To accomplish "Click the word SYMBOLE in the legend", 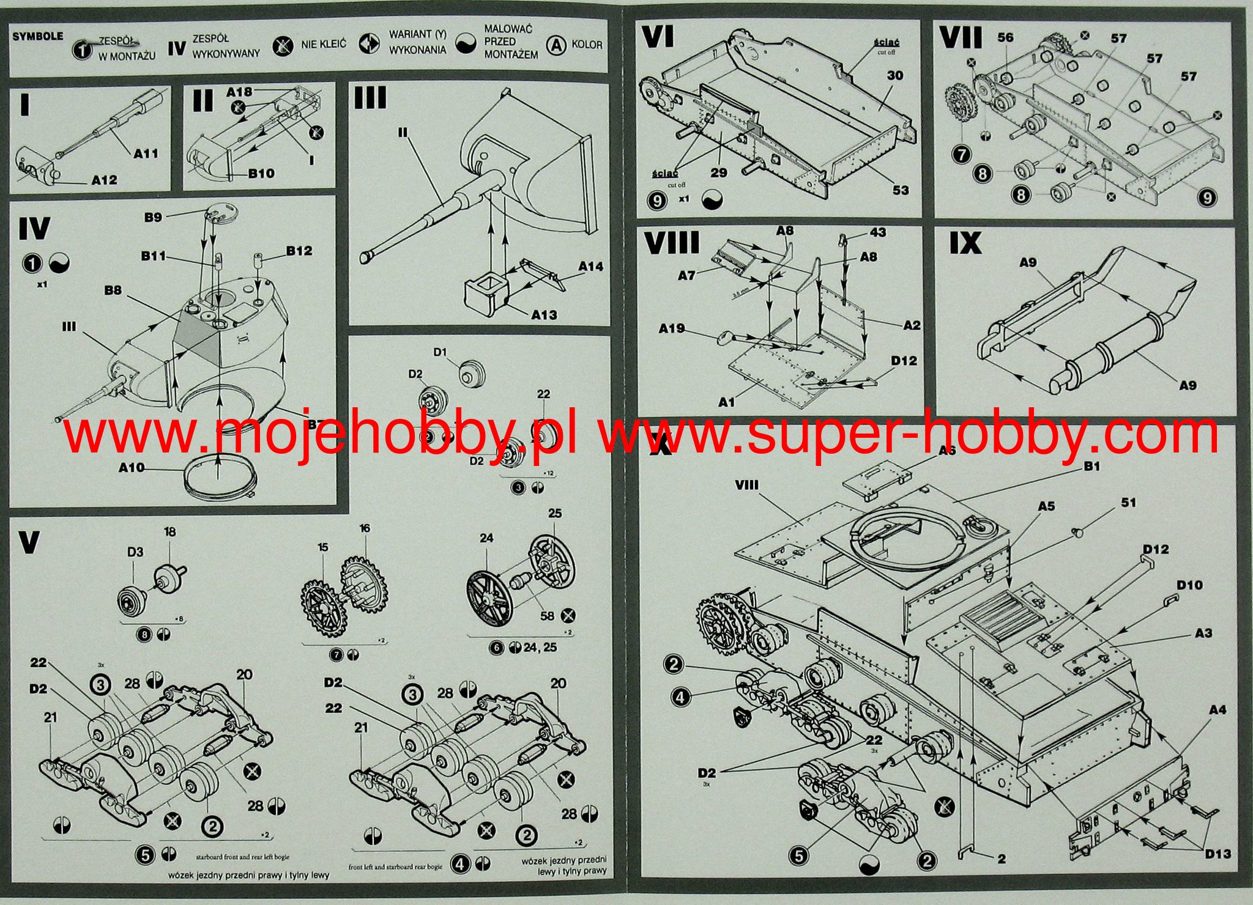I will pos(37,36).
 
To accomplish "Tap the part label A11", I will pos(146,153).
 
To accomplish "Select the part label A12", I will pos(104,180).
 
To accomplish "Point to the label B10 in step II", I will pos(261,174).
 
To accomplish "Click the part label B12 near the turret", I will pos(299,251).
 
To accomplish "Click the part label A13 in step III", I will pos(544,315).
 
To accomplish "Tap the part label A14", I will pos(590,267).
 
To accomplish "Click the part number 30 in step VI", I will pos(895,76).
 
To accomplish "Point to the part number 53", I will pos(901,190).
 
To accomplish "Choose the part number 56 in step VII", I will pos(1005,37).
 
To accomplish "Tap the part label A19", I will pos(671,328).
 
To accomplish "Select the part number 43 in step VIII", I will pos(877,232).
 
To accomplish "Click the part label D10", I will pos(1189,585).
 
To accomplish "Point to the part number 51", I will pos(1129,503).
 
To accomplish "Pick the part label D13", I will pos(1218,854).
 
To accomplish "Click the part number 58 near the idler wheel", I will pos(546,616).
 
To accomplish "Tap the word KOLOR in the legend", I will pos(587,45).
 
